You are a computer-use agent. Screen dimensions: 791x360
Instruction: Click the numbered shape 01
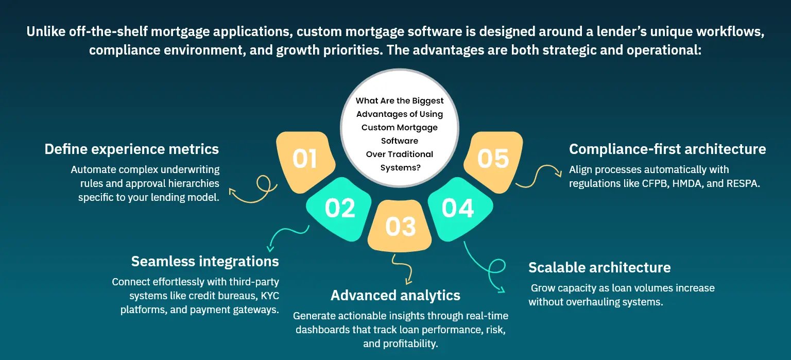(x=305, y=161)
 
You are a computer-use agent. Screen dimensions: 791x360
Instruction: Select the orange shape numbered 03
(x=400, y=226)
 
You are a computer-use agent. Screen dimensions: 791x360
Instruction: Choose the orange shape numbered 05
(x=494, y=161)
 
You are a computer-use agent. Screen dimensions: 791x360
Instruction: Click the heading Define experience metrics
(x=132, y=149)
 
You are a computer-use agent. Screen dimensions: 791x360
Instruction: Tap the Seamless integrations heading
(x=205, y=262)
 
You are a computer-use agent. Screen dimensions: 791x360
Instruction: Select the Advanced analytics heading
(x=395, y=295)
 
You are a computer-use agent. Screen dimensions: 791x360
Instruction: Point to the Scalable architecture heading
(x=599, y=267)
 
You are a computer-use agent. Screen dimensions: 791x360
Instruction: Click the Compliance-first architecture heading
(x=667, y=149)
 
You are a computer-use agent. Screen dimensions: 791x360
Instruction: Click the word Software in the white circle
(x=400, y=141)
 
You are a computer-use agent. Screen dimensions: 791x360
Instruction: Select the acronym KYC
(x=270, y=296)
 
